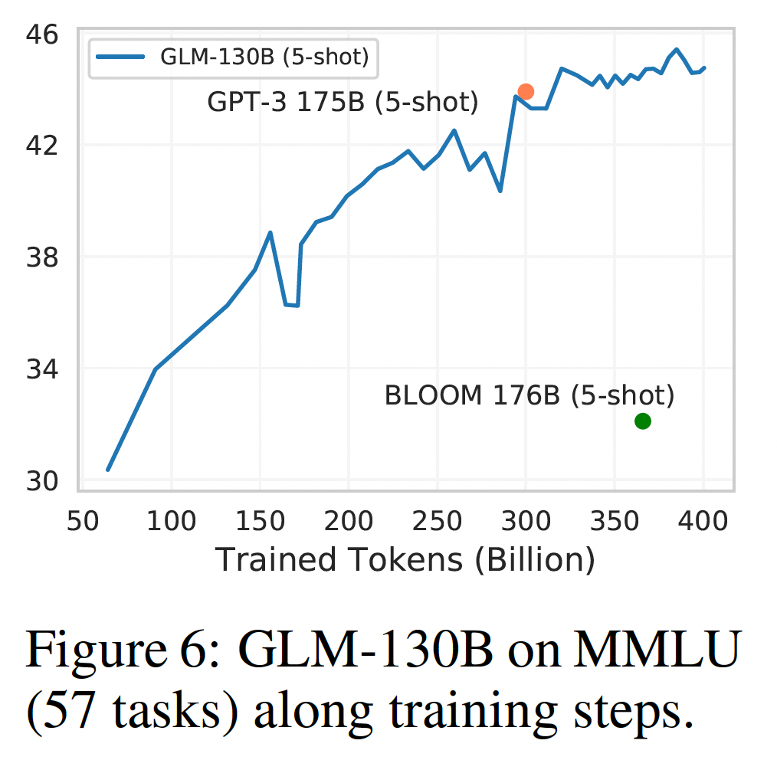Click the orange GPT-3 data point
[x=526, y=92]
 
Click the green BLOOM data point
[x=642, y=421]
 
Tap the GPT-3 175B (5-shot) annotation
[x=343, y=102]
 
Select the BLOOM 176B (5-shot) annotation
[x=529, y=395]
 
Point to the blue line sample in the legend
[x=120, y=57]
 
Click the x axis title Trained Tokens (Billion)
[x=405, y=560]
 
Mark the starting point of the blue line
[x=108, y=470]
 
